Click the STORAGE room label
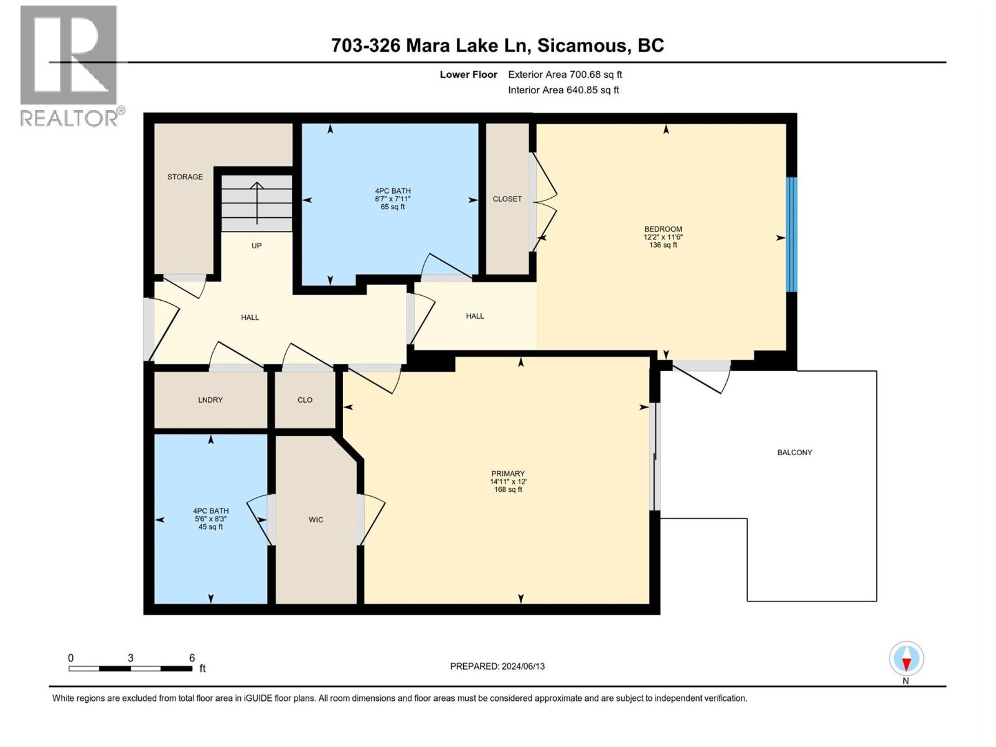point(185,177)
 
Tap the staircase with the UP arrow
point(256,203)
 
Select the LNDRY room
point(210,400)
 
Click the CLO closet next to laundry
point(305,400)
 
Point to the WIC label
point(316,519)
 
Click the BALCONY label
point(794,453)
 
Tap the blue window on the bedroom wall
point(791,235)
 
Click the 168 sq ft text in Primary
point(508,490)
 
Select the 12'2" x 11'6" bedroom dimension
point(663,237)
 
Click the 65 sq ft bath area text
point(393,207)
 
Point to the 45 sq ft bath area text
point(210,527)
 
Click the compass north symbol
point(906,659)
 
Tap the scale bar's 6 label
point(192,658)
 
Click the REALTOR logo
point(69,65)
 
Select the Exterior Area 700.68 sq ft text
point(565,75)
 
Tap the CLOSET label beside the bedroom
point(507,199)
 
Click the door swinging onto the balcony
point(700,377)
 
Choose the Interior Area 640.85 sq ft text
point(563,90)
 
